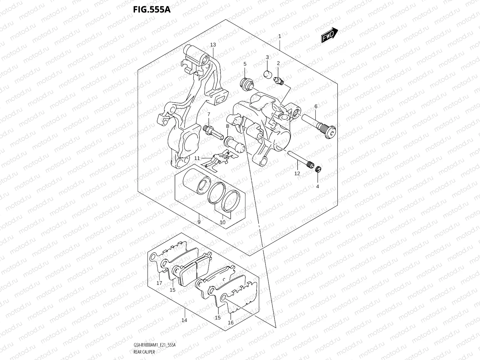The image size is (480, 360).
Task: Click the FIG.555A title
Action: [152, 10]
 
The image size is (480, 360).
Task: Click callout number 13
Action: [213, 45]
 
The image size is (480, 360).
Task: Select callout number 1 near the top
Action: [279, 36]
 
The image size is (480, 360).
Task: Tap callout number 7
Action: [209, 114]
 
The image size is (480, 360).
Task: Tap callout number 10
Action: [222, 222]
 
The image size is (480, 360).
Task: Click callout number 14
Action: [184, 320]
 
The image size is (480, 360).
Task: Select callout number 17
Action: [159, 283]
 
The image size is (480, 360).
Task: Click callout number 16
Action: [230, 323]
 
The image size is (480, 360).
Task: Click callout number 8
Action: [227, 126]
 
